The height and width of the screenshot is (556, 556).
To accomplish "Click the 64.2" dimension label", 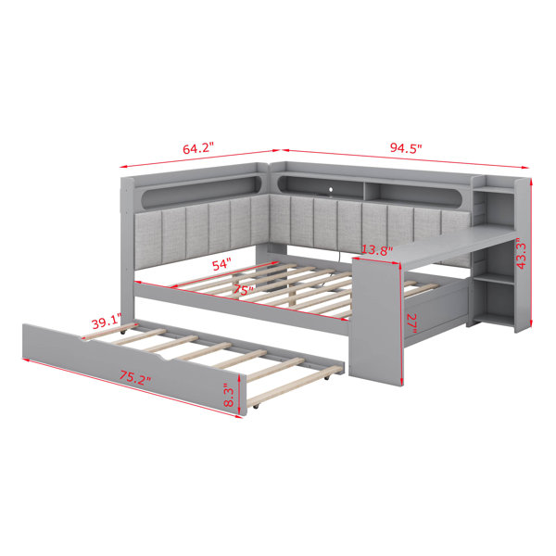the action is [198, 148].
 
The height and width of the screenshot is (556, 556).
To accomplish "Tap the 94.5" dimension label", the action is [406, 147].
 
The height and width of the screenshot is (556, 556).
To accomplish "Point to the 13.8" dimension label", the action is [377, 251].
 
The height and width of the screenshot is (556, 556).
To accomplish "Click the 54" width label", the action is [221, 265].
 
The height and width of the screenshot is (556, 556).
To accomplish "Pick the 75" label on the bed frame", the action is [243, 291].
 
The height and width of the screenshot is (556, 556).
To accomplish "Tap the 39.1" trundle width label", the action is [107, 323].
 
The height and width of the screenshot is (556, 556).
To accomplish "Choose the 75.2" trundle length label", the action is [134, 378].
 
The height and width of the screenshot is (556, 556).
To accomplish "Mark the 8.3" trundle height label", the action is [229, 397].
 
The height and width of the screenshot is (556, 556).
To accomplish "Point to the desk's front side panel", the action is [376, 321].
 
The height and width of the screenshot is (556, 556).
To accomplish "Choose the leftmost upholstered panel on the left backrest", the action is [148, 240].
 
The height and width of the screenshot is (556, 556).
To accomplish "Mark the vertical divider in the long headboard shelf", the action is [364, 192].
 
